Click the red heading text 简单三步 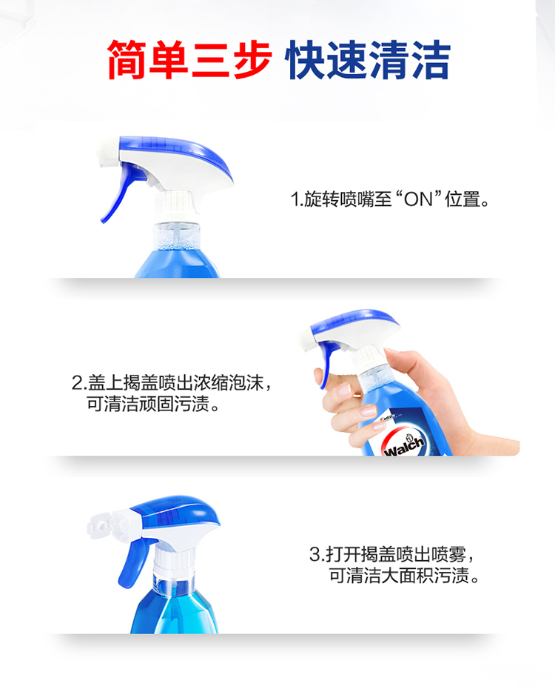click(189, 60)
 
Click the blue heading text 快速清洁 click(368, 60)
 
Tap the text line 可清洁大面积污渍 click(404, 575)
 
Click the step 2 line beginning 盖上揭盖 click(172, 382)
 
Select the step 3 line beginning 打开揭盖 click(392, 554)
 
